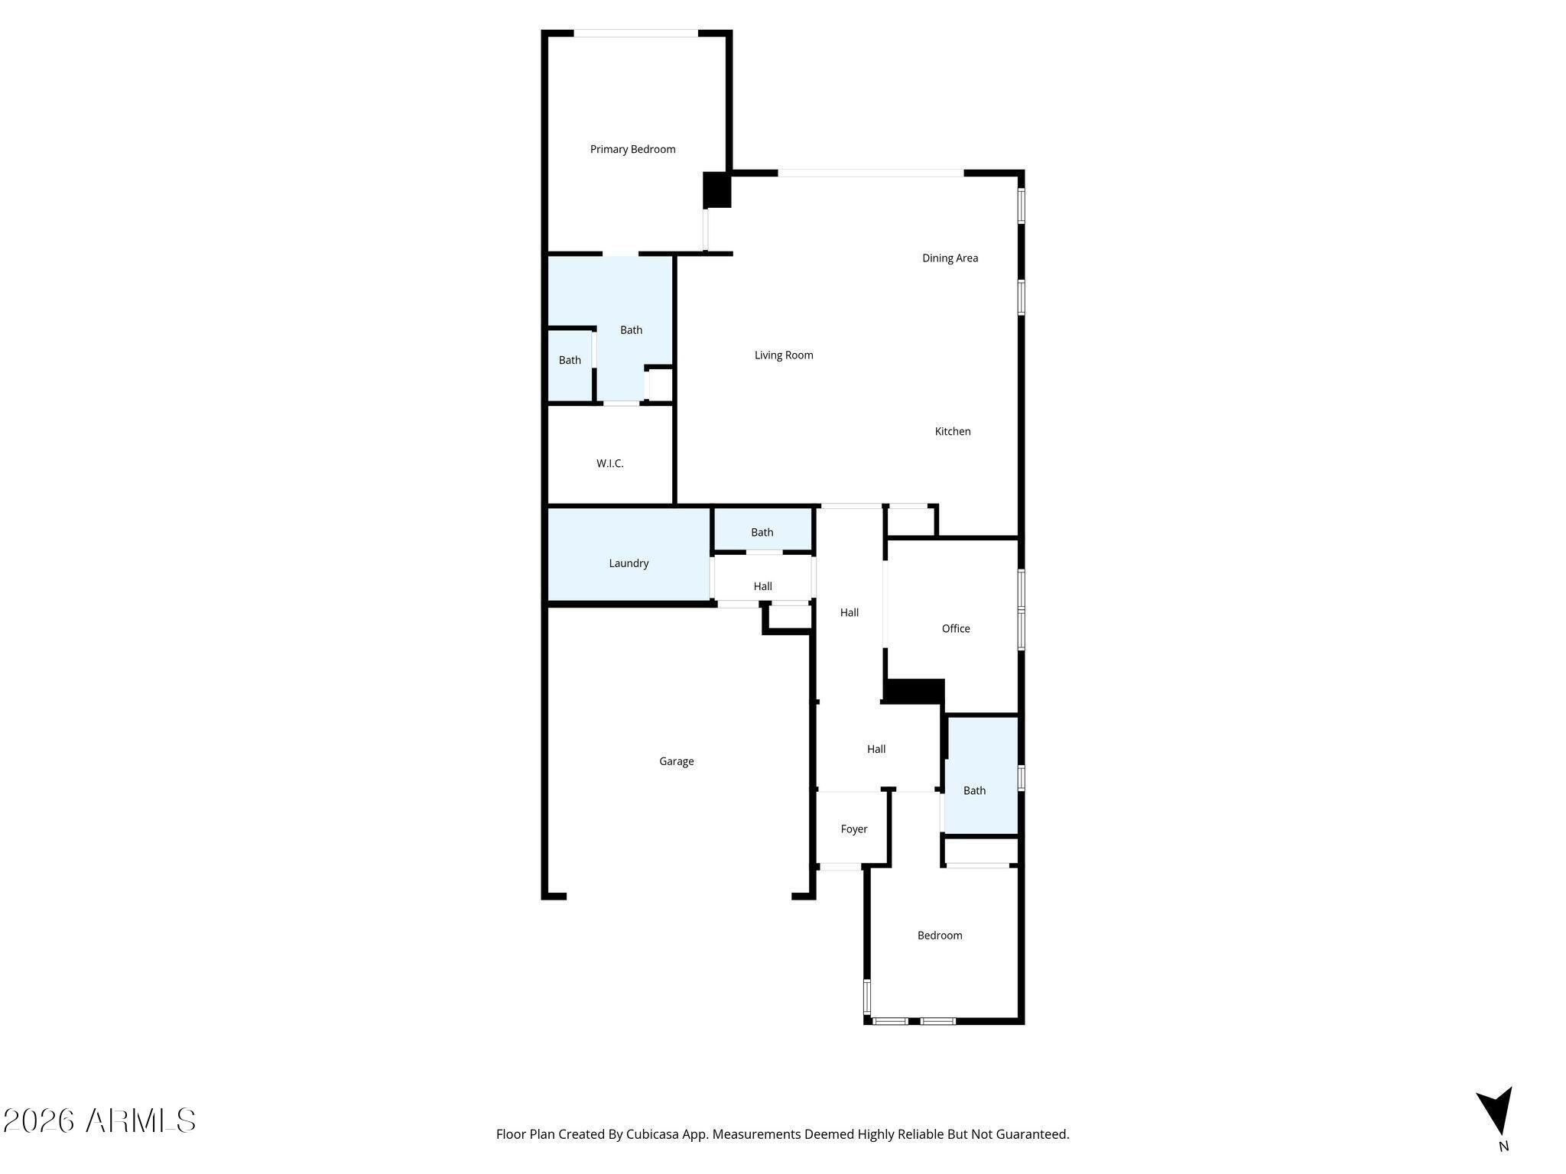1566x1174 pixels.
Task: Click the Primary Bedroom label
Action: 632,150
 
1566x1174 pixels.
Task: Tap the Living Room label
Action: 784,355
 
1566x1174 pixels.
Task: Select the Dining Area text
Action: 950,258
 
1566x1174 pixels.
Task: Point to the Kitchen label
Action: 953,432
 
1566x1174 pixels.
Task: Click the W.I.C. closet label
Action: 610,464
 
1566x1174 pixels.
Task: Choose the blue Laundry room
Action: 629,563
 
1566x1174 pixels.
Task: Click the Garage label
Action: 677,761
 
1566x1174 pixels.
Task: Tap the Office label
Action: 956,629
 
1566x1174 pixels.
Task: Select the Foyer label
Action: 854,829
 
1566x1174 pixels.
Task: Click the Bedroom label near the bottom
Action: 940,936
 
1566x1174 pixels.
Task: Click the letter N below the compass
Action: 1503,1146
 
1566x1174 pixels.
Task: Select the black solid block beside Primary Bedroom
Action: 717,190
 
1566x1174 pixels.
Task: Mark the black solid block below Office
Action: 915,692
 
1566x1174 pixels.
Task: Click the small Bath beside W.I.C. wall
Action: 570,361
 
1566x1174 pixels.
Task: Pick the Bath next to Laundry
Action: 762,533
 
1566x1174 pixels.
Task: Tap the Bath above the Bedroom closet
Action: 974,791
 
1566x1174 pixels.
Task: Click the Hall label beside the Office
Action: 850,613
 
